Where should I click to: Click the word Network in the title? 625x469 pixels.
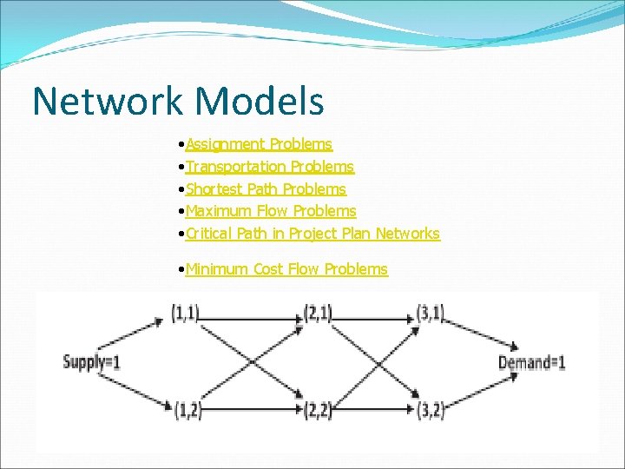(109, 101)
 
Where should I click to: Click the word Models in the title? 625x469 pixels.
(260, 101)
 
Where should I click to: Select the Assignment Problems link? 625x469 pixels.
(259, 143)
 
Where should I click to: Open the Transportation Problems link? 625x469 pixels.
(270, 166)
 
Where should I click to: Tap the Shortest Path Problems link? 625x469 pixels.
(266, 188)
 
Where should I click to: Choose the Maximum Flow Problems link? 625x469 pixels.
(271, 210)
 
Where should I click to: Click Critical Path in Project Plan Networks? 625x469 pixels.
(312, 233)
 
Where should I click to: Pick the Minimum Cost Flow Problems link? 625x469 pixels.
(286, 268)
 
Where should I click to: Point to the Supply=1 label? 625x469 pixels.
(91, 361)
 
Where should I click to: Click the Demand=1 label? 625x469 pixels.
(531, 361)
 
